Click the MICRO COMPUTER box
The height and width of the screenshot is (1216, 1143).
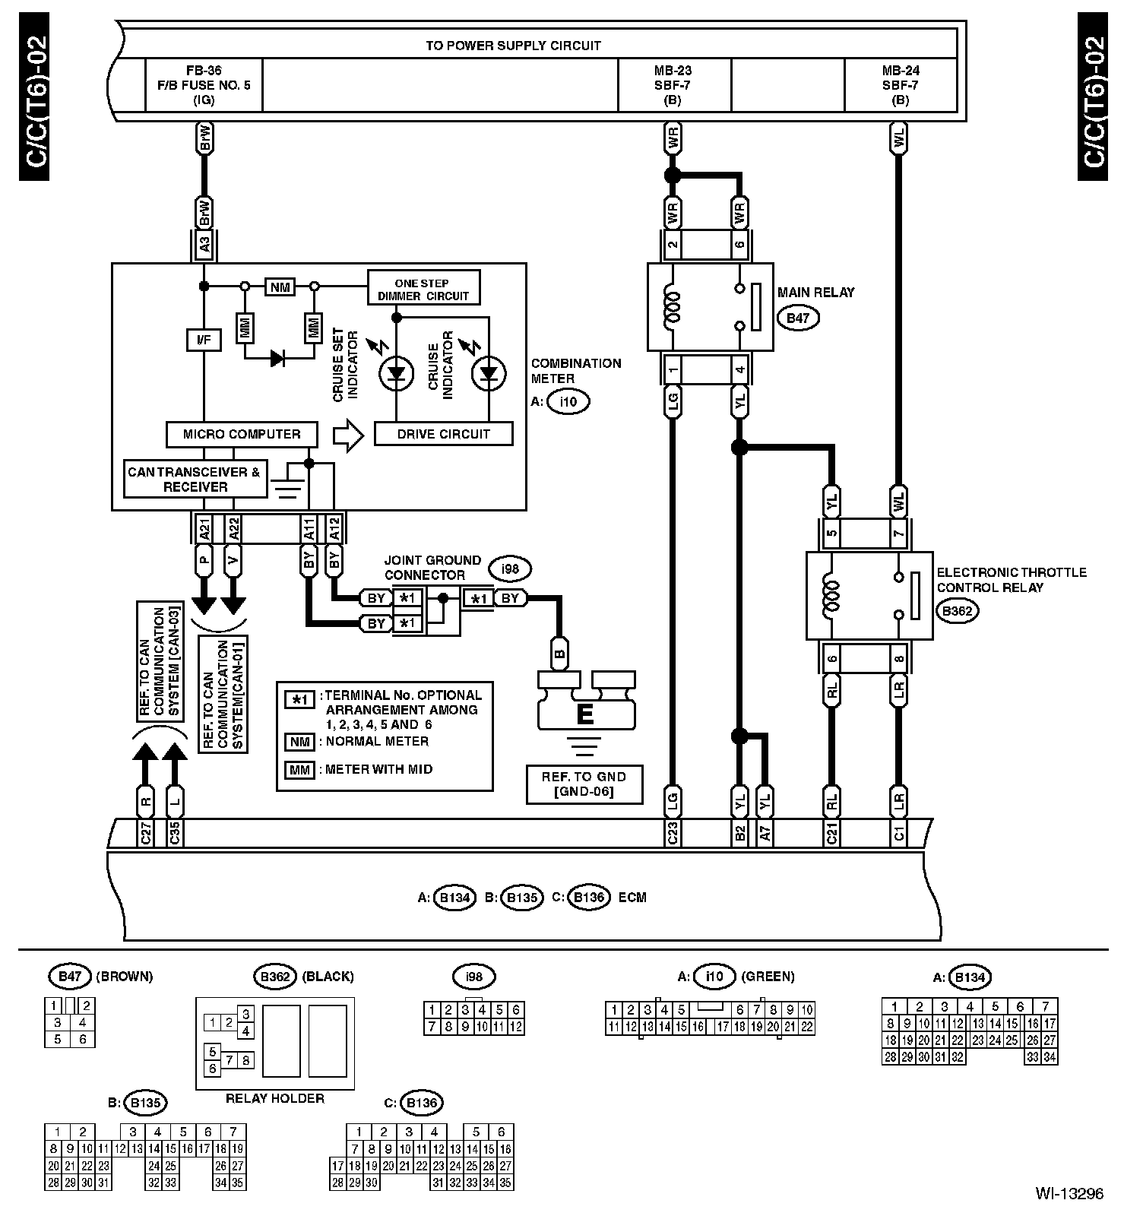[242, 435]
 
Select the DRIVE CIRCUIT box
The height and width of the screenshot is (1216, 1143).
[443, 434]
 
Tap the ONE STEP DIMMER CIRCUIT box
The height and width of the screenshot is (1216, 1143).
[423, 288]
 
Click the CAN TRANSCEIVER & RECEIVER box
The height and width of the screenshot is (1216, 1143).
[195, 479]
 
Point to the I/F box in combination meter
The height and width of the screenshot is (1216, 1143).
[204, 340]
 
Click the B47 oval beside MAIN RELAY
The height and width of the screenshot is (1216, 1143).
[797, 318]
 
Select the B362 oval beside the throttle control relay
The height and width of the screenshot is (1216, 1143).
[957, 610]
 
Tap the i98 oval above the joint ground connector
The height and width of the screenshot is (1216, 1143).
[511, 568]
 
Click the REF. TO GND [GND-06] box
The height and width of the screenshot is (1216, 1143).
[584, 784]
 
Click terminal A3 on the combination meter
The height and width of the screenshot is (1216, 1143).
[204, 245]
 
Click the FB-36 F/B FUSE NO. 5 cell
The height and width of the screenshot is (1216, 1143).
[204, 85]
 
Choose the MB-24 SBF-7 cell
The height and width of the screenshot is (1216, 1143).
[901, 85]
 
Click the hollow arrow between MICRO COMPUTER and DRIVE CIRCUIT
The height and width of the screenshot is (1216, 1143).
[349, 435]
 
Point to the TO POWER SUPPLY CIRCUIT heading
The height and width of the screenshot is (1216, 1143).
[514, 45]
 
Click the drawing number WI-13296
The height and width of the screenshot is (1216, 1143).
[1069, 1194]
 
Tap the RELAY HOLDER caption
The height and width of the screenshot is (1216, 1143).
[275, 1098]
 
